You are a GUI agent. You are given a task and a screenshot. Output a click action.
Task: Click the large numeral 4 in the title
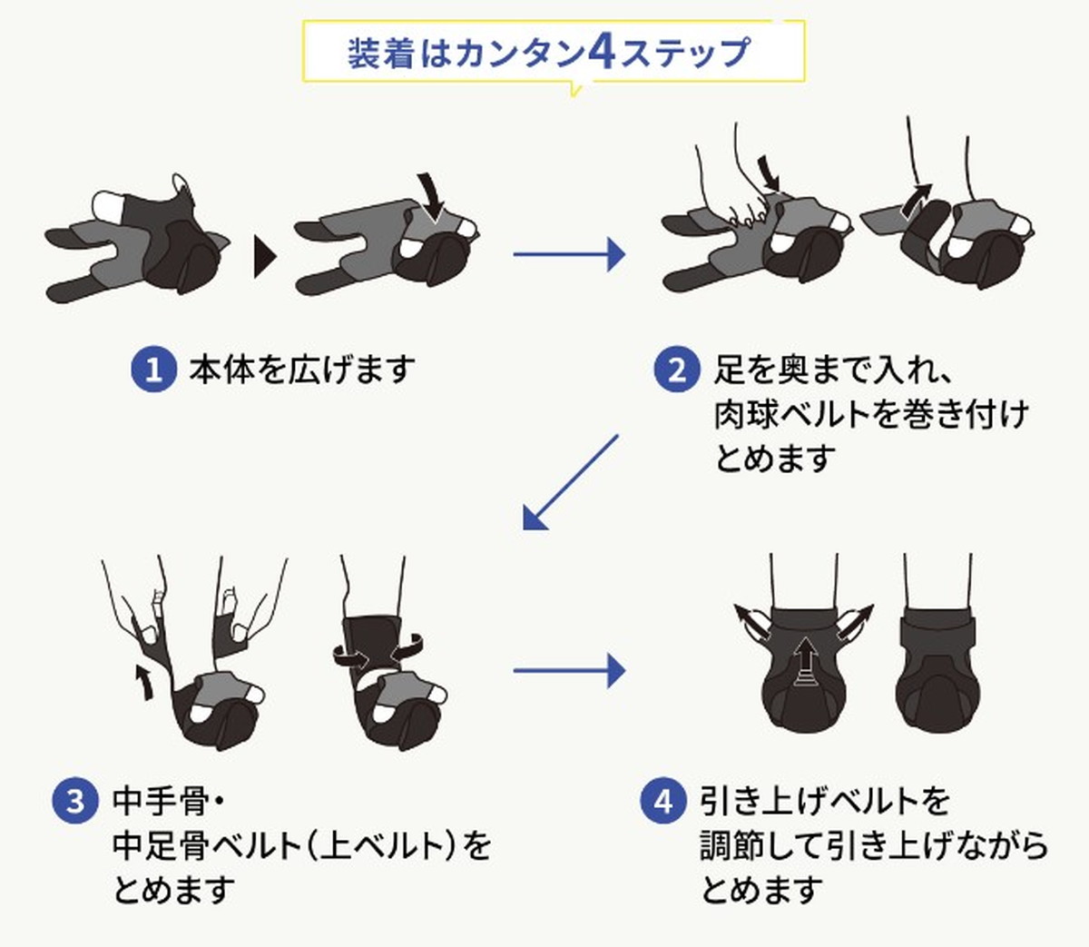[x=603, y=53]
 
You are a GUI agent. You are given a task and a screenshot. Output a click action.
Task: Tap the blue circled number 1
[x=153, y=370]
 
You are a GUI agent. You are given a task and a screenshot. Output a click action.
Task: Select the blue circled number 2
[x=677, y=370]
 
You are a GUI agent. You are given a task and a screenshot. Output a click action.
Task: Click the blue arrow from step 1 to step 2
[x=568, y=254]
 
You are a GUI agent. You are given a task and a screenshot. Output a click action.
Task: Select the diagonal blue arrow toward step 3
[x=570, y=482]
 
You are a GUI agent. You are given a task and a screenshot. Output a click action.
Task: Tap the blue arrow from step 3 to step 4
[x=568, y=671]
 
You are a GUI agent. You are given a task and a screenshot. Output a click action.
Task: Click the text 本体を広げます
[x=302, y=370]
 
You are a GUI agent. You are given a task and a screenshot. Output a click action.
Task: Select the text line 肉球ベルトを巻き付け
[x=871, y=414]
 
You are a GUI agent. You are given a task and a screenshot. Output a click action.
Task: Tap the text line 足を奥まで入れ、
[x=830, y=370]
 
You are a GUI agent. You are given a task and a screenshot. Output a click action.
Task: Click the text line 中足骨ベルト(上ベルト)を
[x=301, y=846]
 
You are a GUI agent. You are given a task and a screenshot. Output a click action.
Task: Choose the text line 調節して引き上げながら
[x=874, y=846]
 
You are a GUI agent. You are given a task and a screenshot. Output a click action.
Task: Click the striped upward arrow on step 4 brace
[x=803, y=661]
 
